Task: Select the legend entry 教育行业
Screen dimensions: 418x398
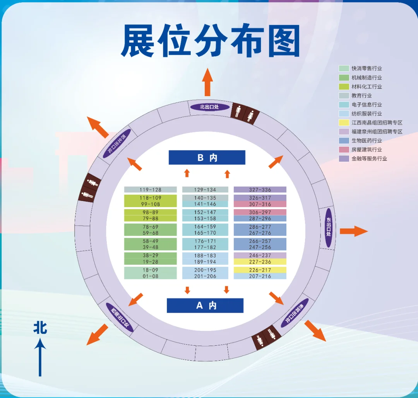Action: click(x=361, y=95)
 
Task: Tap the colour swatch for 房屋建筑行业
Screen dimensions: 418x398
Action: click(x=344, y=149)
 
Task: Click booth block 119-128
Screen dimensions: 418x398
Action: click(x=150, y=190)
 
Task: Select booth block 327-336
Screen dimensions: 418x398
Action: click(x=260, y=190)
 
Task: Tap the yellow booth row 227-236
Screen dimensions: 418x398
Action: click(x=260, y=262)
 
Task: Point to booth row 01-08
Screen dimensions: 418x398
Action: click(x=150, y=276)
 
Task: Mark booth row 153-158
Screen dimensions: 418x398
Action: click(x=205, y=218)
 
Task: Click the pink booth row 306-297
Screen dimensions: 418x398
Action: click(x=260, y=212)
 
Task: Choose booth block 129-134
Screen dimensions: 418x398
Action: click(x=205, y=190)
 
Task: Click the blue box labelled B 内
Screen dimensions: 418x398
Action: click(x=207, y=157)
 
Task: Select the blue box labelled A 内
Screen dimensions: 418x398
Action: click(x=205, y=305)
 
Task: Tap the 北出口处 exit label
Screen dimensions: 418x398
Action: click(x=209, y=107)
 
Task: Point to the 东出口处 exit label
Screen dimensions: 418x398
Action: click(x=329, y=228)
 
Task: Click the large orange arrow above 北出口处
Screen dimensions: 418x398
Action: click(x=207, y=82)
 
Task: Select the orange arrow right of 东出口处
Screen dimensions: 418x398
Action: click(x=353, y=232)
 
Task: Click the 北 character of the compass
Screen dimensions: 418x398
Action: click(x=40, y=328)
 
